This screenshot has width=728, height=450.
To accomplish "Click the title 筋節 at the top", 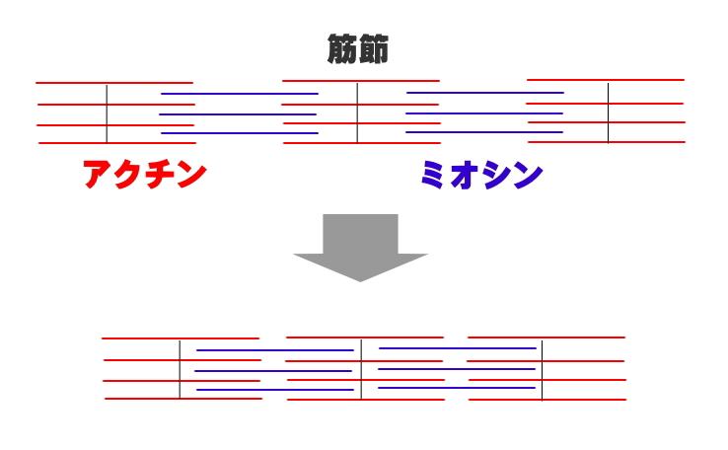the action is click(357, 48).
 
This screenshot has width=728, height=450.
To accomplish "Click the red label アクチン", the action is click(144, 174).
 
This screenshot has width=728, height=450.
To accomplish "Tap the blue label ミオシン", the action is click(481, 174).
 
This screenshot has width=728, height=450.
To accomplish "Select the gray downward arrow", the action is click(360, 248).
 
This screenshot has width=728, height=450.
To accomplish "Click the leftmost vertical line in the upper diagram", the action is click(107, 113).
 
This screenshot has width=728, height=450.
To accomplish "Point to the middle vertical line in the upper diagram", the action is click(357, 112).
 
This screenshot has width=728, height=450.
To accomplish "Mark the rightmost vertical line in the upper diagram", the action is click(609, 112).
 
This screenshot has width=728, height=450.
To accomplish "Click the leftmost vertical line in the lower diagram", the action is click(180, 370).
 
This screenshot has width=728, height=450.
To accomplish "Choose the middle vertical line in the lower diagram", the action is click(361, 369).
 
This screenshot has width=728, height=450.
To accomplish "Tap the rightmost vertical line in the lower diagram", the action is click(542, 370).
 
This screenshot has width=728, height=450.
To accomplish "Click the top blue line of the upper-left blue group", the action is click(240, 94).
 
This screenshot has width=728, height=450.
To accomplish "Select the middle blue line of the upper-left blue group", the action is click(238, 114).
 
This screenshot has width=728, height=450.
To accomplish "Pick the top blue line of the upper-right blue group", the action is click(485, 93).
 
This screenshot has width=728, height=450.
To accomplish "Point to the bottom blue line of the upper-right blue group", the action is click(484, 132).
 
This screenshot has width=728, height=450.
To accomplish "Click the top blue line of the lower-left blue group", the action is click(275, 350).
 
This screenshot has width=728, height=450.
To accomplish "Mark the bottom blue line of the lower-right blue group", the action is click(457, 388).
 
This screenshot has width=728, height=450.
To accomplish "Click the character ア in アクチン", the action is click(99, 174).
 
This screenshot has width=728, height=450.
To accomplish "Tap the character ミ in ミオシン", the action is click(432, 174).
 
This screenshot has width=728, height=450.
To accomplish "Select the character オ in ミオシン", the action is click(463, 174).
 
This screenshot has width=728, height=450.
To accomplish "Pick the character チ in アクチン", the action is click(161, 174).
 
